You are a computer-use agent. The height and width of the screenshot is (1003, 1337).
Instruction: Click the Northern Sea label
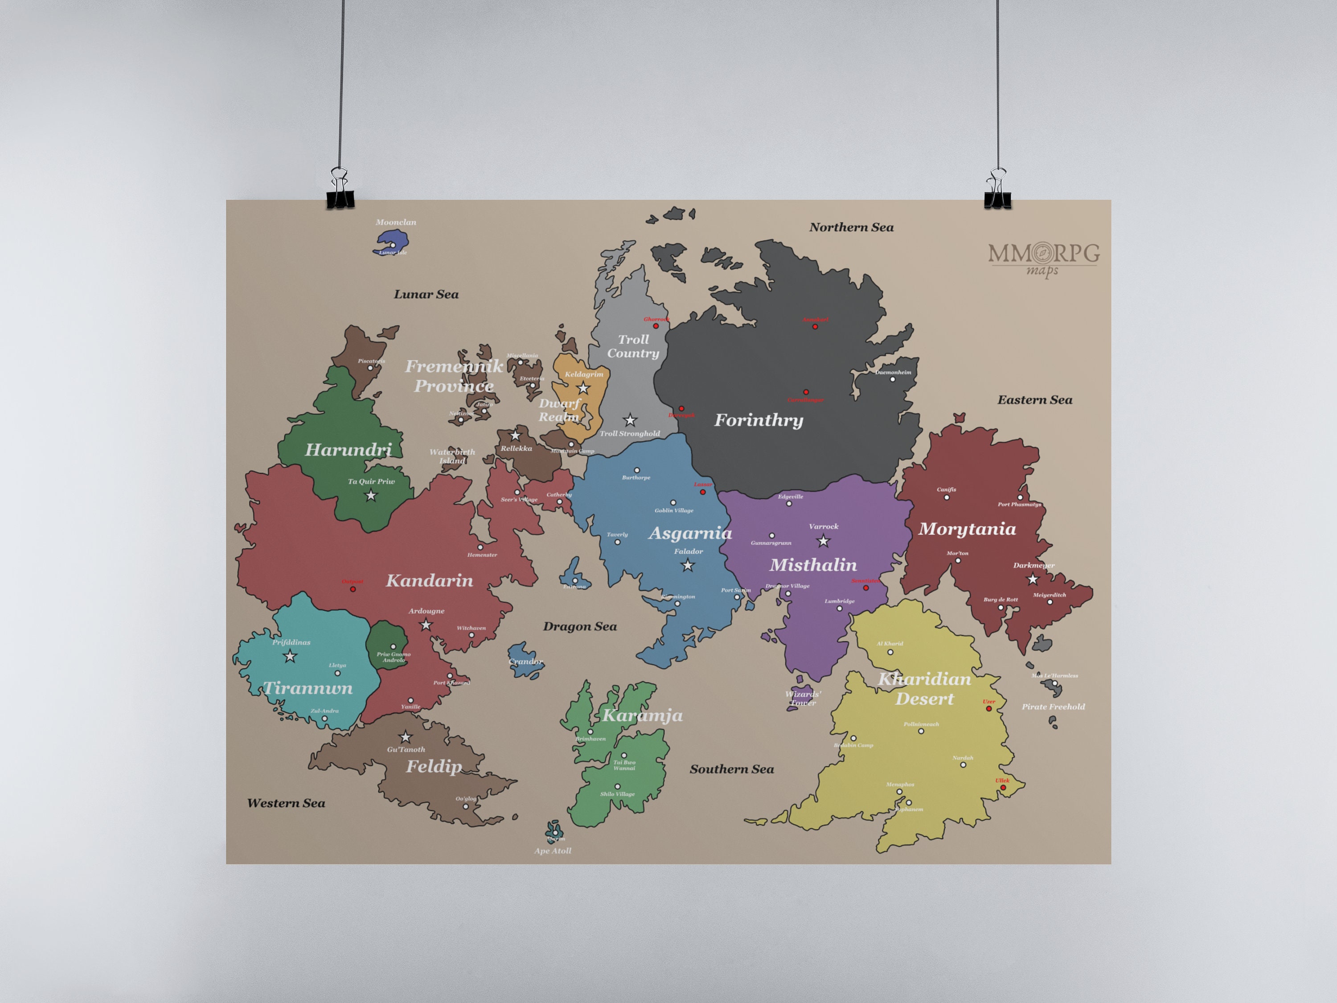tap(851, 227)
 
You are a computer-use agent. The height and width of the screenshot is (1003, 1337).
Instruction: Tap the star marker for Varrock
tap(823, 541)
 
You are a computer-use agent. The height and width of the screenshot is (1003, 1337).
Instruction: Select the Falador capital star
tap(688, 566)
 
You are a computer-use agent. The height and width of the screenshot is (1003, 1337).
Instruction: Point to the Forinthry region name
tap(759, 420)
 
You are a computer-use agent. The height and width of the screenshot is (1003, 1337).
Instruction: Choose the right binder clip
tap(997, 190)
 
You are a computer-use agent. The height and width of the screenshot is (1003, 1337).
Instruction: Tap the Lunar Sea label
tap(426, 294)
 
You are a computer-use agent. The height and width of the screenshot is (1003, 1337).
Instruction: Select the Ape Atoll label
tap(553, 851)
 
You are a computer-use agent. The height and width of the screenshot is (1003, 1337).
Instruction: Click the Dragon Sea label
tap(580, 626)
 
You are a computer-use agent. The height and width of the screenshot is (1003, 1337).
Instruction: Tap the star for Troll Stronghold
tap(630, 419)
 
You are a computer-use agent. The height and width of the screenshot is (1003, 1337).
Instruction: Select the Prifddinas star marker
tap(290, 656)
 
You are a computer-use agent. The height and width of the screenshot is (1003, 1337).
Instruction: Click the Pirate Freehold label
tap(1053, 707)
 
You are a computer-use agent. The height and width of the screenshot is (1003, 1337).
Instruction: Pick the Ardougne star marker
tap(426, 625)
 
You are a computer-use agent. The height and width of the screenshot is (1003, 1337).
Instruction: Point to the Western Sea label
tap(286, 803)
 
